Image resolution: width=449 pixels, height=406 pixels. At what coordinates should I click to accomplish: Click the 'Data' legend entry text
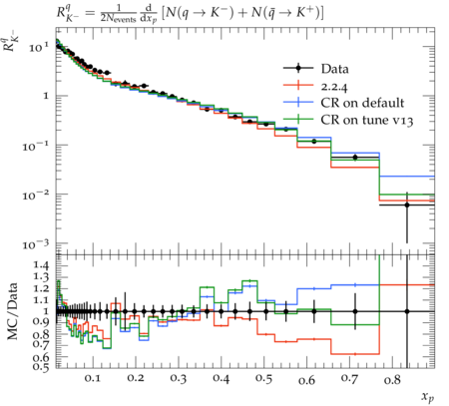point(334,69)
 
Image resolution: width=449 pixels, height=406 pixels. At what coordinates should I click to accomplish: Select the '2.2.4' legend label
point(334,87)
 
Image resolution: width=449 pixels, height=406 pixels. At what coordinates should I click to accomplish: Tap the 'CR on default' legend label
point(362,103)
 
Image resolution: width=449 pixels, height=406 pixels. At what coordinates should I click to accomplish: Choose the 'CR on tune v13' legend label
point(367,120)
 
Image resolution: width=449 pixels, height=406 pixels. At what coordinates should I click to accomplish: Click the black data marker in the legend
point(298,68)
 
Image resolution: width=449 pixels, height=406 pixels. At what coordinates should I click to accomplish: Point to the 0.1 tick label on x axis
point(92,378)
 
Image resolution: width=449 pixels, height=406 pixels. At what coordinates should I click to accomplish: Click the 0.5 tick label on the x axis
point(263,378)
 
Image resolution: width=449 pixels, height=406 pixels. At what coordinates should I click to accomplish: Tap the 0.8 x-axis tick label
point(392,379)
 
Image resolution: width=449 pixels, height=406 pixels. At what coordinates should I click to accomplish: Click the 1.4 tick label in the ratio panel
point(41,265)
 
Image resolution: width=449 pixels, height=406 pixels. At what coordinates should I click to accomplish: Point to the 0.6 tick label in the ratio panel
point(41,357)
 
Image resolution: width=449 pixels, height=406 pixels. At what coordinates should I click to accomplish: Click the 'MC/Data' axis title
point(12,311)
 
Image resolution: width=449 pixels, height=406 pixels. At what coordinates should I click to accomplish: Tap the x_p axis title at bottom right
point(428,397)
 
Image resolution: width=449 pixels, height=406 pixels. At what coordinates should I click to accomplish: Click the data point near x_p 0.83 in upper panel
point(407,204)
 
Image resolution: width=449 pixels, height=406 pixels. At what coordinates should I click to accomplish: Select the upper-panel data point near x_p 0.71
point(355,158)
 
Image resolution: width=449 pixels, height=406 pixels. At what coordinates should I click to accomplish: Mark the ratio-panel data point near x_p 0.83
point(407,311)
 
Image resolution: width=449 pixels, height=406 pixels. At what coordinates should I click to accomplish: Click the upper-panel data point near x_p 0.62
point(314,142)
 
